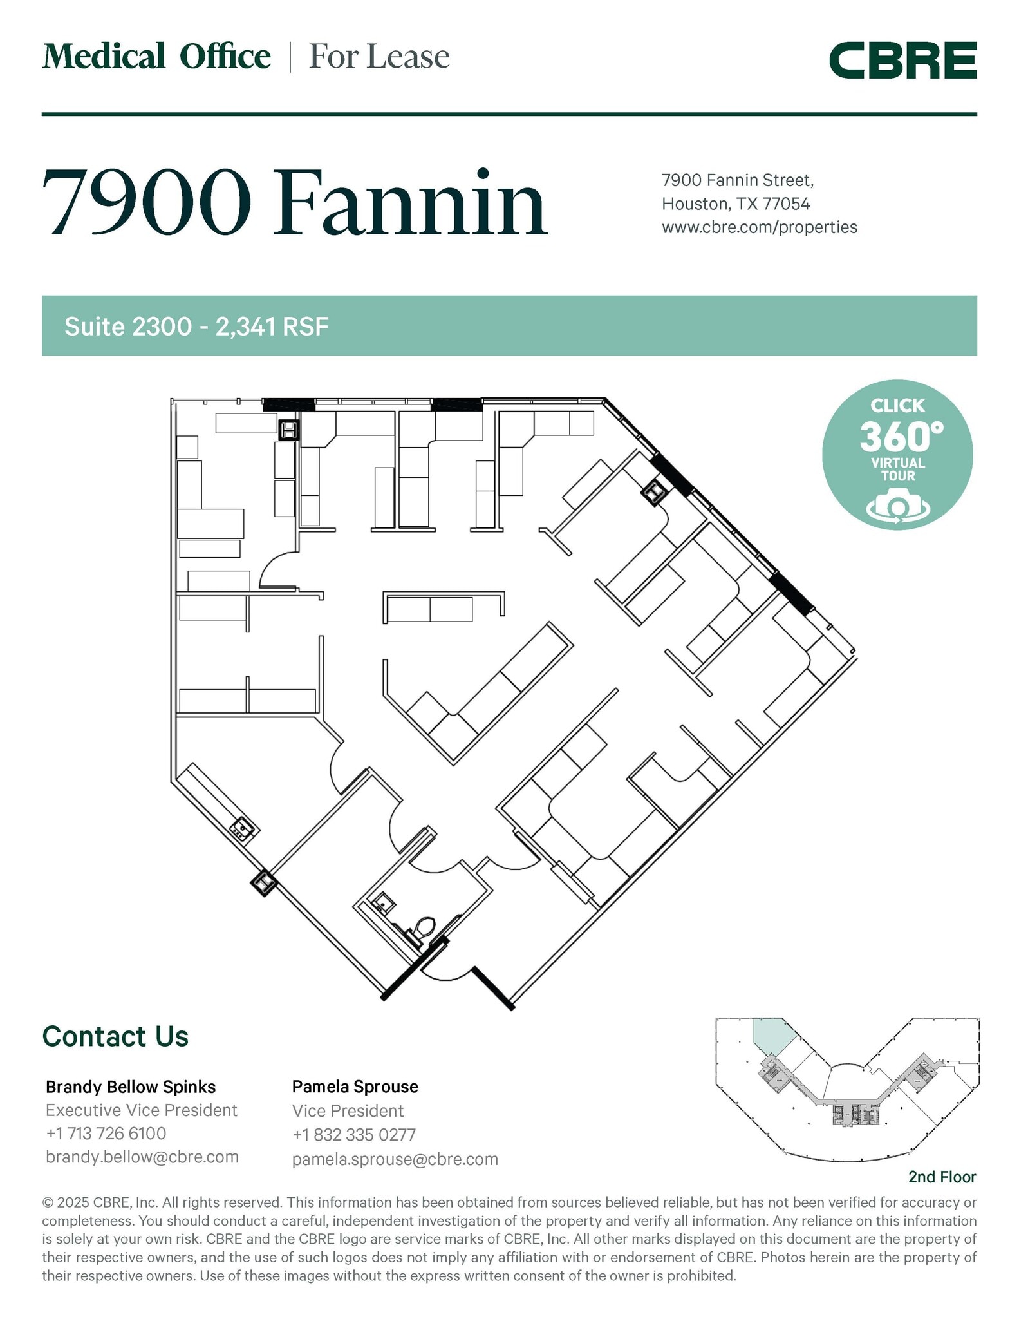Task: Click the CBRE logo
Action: coord(902,61)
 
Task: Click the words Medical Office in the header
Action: coord(156,57)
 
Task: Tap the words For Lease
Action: coord(379,57)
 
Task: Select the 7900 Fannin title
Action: coord(294,203)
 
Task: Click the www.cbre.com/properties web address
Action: coord(759,227)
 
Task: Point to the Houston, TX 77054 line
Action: coord(735,204)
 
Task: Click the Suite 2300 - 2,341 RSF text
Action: coord(196,327)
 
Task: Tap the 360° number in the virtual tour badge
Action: coord(901,437)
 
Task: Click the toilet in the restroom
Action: coord(425,928)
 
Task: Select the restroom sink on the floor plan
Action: coord(384,902)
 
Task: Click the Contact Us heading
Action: coord(115,1036)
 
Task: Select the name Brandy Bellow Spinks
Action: coord(131,1087)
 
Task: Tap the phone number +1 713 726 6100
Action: coord(106,1134)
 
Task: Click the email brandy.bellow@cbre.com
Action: coord(142,1157)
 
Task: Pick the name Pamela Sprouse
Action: coord(355,1087)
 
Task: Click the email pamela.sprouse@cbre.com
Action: coord(395,1159)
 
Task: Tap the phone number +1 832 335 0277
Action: coord(353,1135)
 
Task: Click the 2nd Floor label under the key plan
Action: coord(941,1177)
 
